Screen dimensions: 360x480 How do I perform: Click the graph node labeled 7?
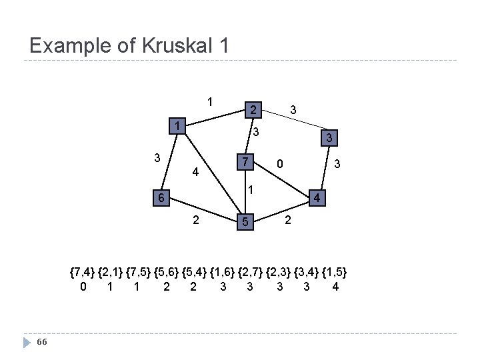pyautogui.click(x=246, y=163)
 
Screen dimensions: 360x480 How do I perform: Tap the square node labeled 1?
pyautogui.click(x=177, y=127)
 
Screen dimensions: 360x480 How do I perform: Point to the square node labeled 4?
pyautogui.click(x=318, y=199)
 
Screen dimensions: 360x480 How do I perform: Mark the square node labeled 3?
pyautogui.click(x=327, y=139)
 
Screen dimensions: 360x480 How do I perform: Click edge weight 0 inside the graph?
pyautogui.click(x=281, y=164)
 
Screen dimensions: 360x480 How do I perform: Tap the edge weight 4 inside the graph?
pyautogui.click(x=195, y=172)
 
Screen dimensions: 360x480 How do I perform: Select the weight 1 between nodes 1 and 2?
pyautogui.click(x=210, y=103)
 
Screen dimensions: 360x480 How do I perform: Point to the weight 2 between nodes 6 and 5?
pyautogui.click(x=195, y=221)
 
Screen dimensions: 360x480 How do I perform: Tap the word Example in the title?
pyautogui.click(x=69, y=45)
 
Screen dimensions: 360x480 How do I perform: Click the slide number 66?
pyautogui.click(x=42, y=342)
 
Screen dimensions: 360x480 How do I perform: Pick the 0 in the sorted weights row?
pyautogui.click(x=82, y=287)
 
